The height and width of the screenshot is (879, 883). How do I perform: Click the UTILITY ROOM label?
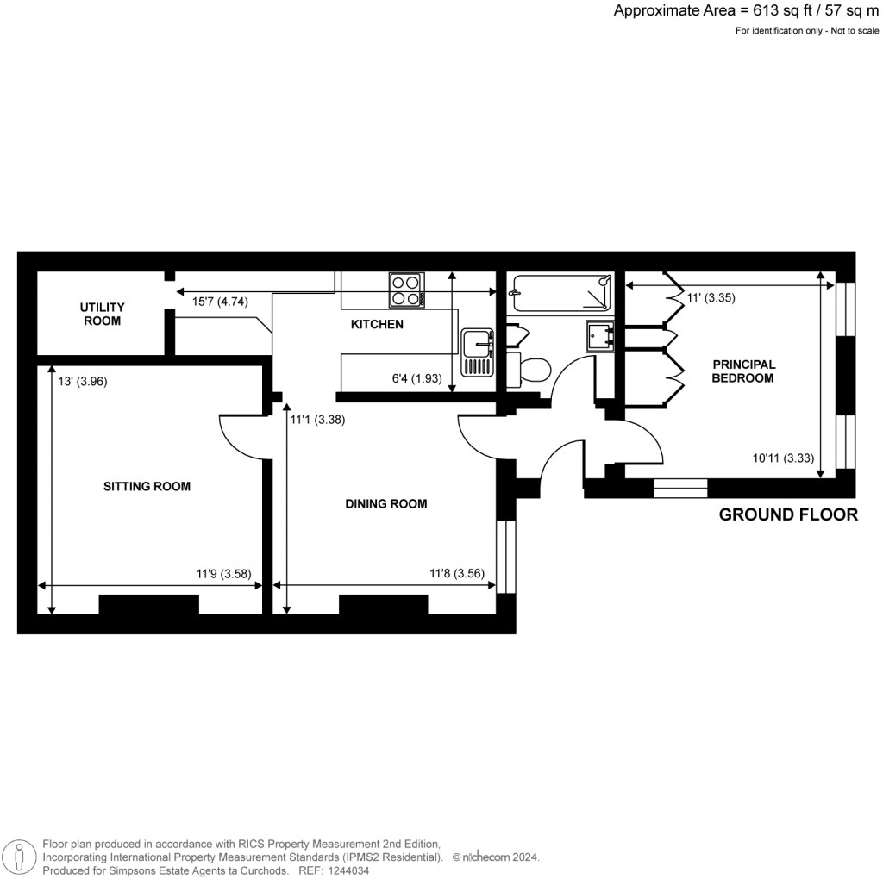(102, 314)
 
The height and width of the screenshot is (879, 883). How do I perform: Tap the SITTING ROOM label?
(147, 486)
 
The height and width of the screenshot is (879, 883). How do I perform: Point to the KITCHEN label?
(377, 324)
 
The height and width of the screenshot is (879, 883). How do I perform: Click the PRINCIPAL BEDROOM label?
(743, 371)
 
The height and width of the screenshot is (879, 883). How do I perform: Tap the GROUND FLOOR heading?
(788, 515)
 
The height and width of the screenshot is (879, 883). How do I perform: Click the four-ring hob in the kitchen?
(407, 290)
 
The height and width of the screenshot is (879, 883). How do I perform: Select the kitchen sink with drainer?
(476, 352)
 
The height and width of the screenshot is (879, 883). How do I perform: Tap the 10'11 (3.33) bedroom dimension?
(784, 458)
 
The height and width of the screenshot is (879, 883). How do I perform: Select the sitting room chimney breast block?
(149, 604)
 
